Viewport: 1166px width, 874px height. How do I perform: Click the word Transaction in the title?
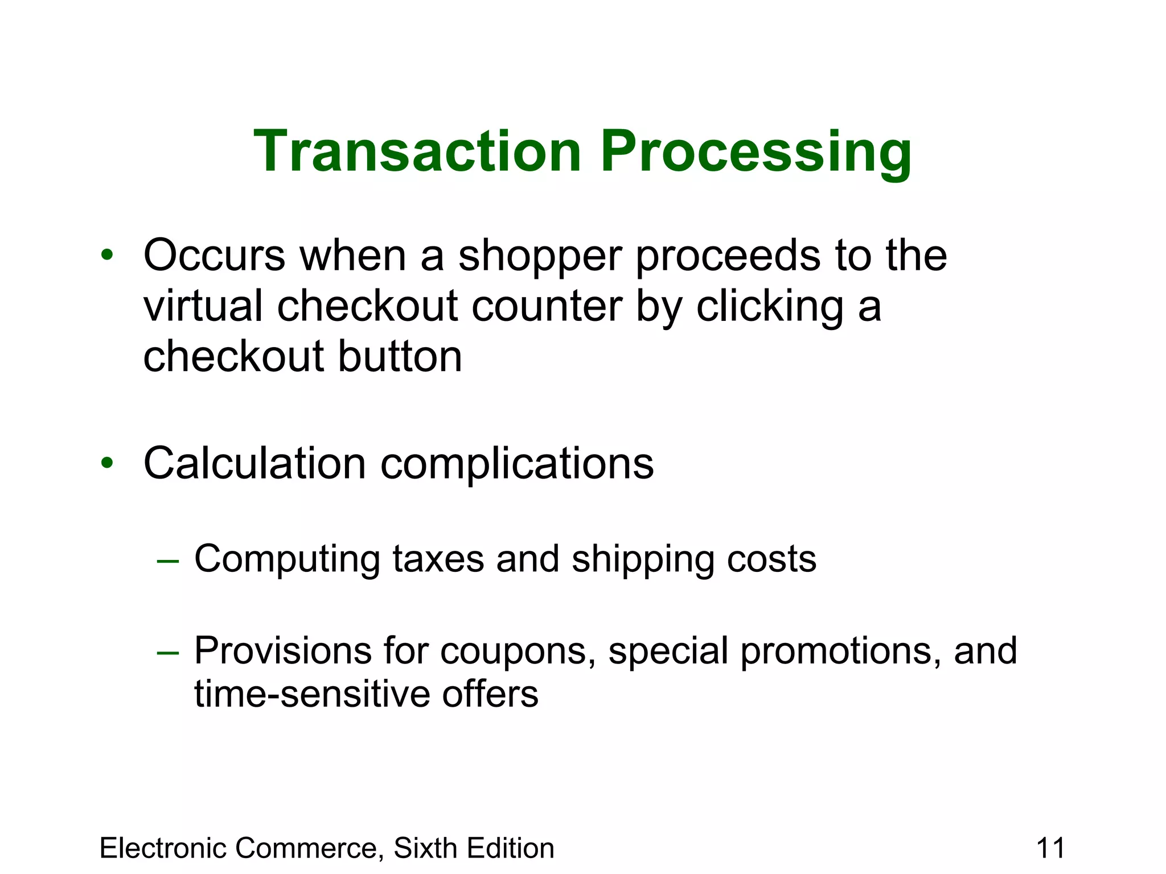417,151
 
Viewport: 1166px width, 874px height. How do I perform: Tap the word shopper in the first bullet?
539,257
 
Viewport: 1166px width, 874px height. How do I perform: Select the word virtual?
203,306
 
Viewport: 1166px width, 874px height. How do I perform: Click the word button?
400,357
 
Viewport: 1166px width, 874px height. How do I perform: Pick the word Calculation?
254,463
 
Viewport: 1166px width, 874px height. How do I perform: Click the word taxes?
438,559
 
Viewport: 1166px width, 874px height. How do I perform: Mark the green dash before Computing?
168,561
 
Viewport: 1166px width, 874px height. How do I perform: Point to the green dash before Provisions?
168,653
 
